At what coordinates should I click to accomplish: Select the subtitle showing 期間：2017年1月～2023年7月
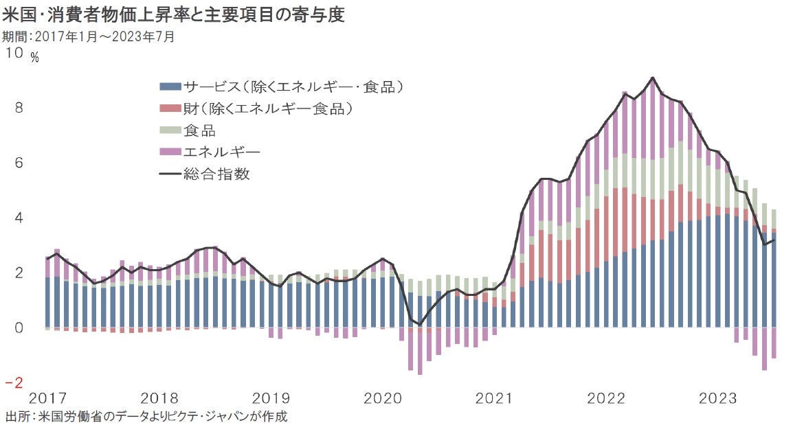(x=90, y=36)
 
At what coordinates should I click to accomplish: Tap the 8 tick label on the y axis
(x=19, y=108)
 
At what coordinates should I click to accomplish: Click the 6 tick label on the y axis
(x=19, y=163)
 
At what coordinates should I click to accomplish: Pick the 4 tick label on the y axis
(x=19, y=218)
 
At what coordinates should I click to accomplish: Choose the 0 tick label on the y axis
(x=19, y=328)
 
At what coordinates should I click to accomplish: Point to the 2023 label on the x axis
(x=717, y=398)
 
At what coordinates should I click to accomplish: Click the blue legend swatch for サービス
(x=170, y=87)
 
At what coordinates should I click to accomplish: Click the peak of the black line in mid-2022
(x=652, y=78)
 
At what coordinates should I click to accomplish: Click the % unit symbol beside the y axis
(x=34, y=58)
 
